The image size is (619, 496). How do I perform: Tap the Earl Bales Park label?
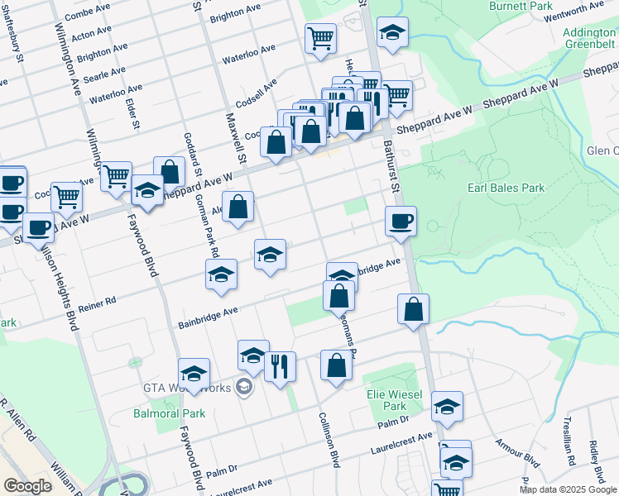click(x=506, y=188)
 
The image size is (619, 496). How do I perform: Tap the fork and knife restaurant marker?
click(x=280, y=366)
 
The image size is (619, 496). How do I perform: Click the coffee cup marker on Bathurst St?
click(x=401, y=221)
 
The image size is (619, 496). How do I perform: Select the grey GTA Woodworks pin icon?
click(x=244, y=386)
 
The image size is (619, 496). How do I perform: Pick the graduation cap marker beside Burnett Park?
click(x=392, y=33)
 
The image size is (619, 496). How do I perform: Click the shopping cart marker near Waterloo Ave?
click(x=320, y=37)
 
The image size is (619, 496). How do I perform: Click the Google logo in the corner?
click(x=28, y=486)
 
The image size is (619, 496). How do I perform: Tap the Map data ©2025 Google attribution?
click(x=568, y=489)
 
